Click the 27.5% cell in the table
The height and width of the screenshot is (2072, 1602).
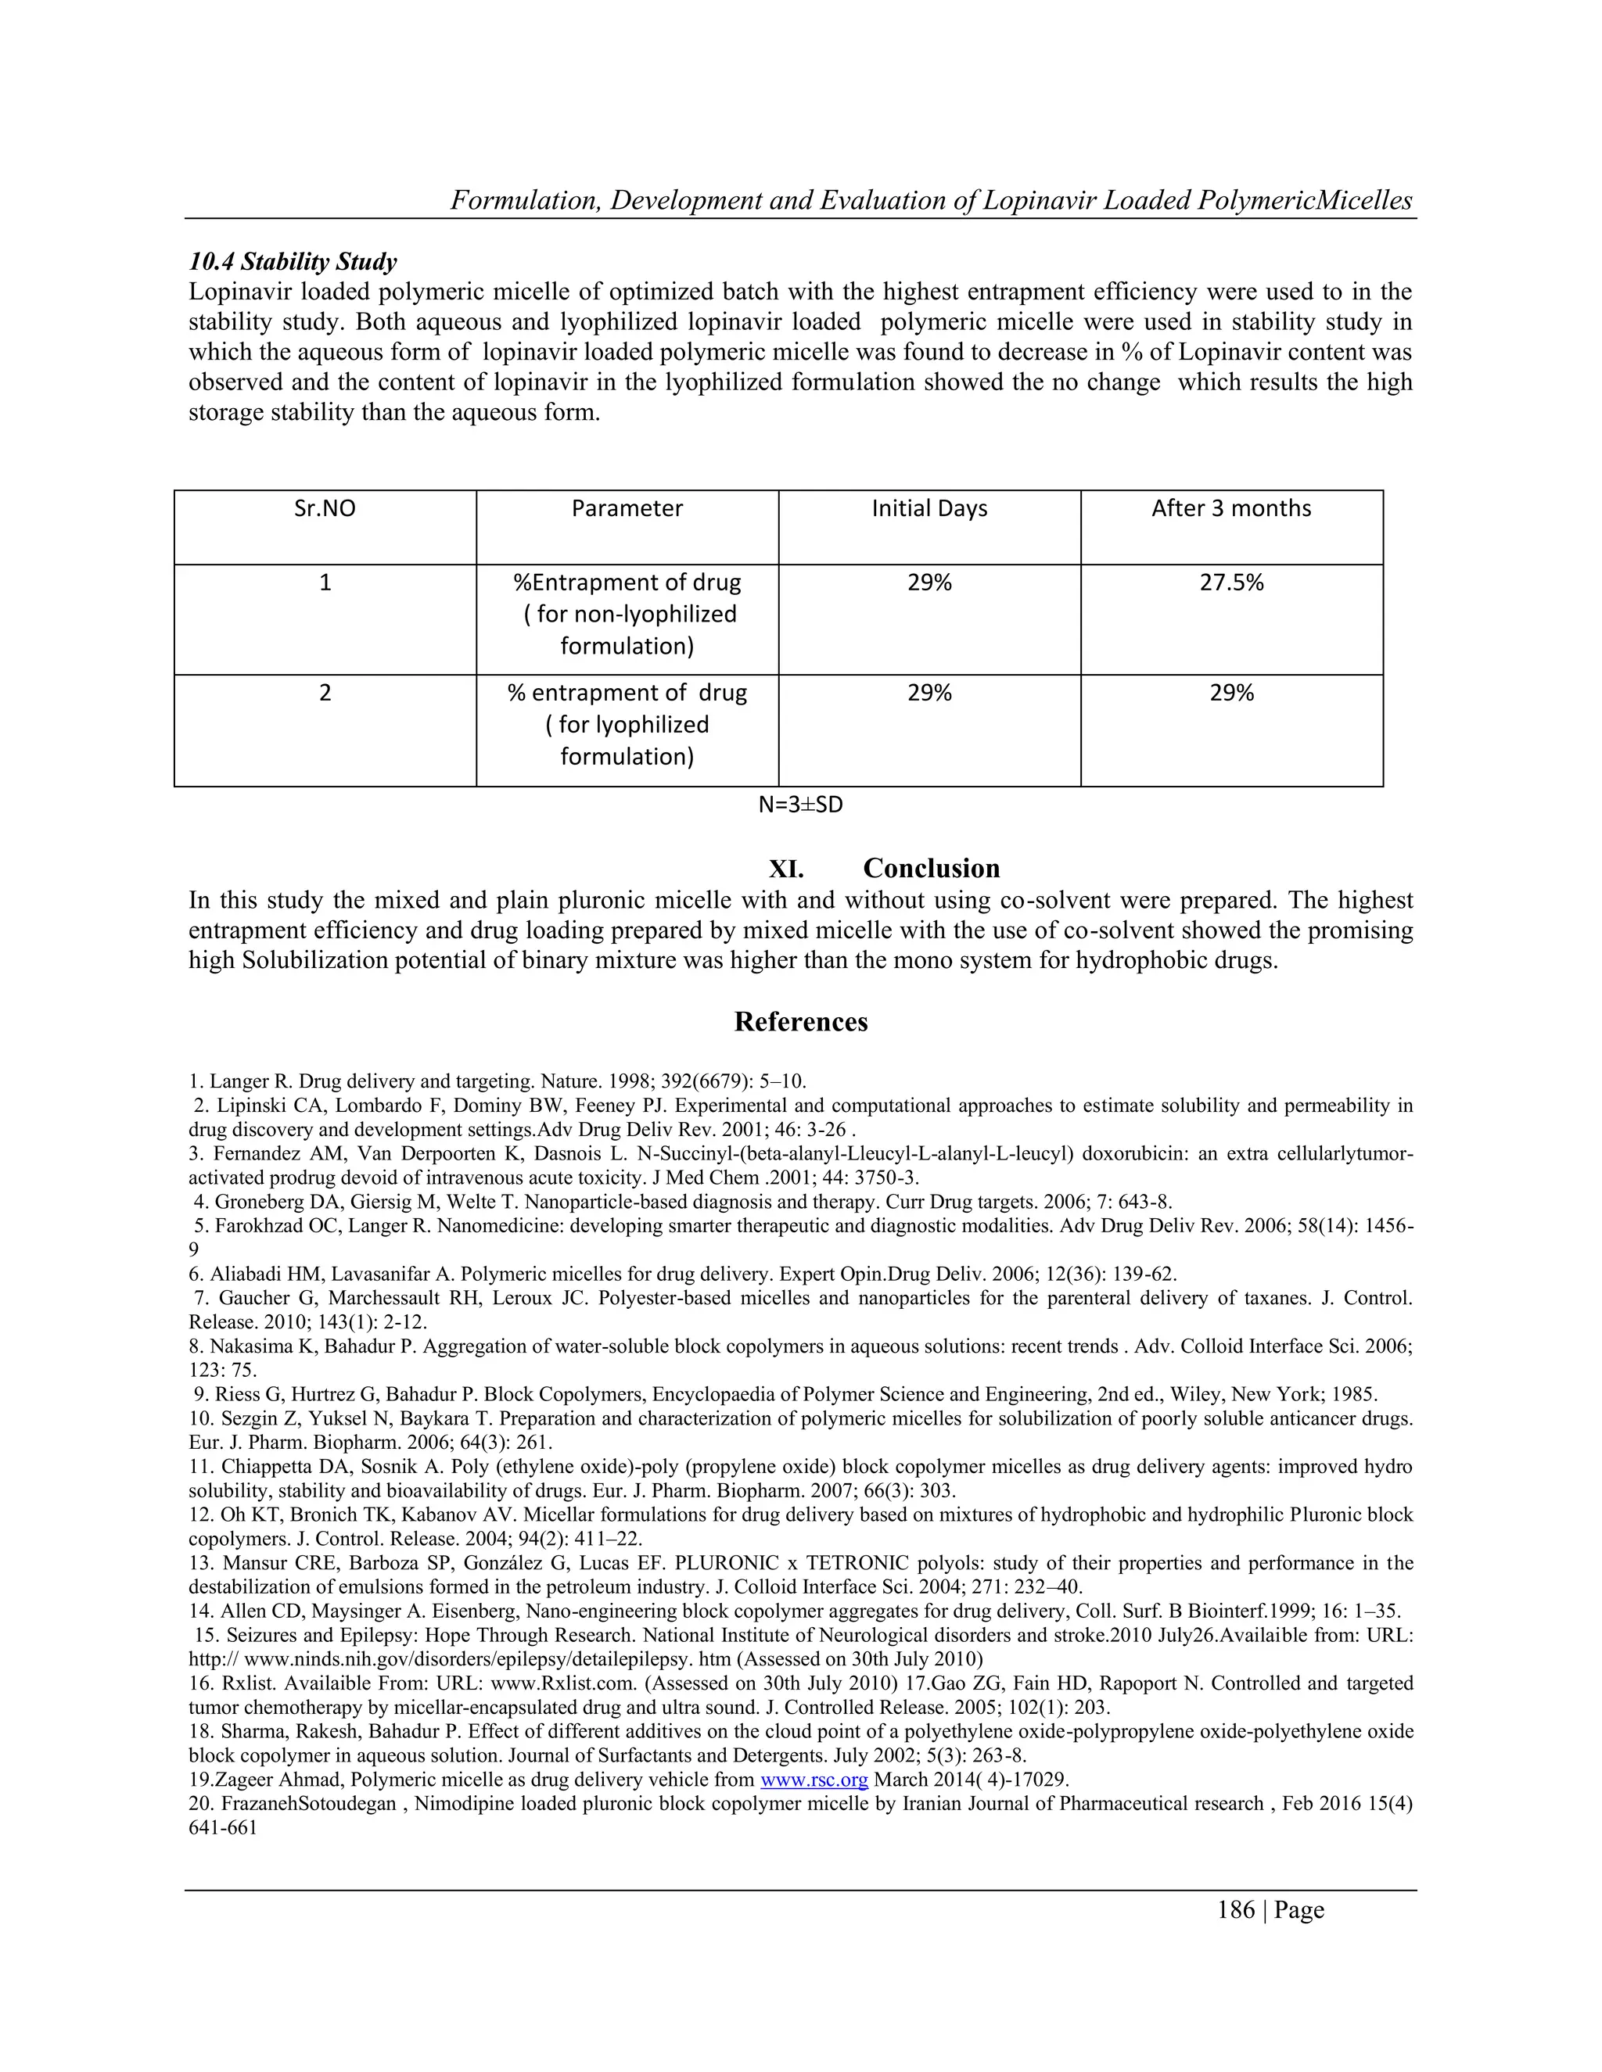pyautogui.click(x=1231, y=583)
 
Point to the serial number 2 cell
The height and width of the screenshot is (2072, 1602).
pyautogui.click(x=325, y=693)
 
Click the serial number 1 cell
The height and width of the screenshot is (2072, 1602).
pyautogui.click(x=325, y=583)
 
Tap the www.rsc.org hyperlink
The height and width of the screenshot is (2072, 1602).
pyautogui.click(x=814, y=1780)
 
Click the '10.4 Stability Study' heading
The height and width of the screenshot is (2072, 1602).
pyautogui.click(x=293, y=262)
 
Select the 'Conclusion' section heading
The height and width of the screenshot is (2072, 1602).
pyautogui.click(x=931, y=868)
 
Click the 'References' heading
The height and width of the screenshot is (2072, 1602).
pyautogui.click(x=800, y=1022)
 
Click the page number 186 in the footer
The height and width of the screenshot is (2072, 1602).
pyautogui.click(x=1236, y=1910)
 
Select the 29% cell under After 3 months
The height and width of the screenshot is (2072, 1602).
pyautogui.click(x=1231, y=693)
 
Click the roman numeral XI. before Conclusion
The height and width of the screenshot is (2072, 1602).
pyautogui.click(x=786, y=868)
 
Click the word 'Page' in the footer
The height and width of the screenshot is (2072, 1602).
pyautogui.click(x=1298, y=1910)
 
